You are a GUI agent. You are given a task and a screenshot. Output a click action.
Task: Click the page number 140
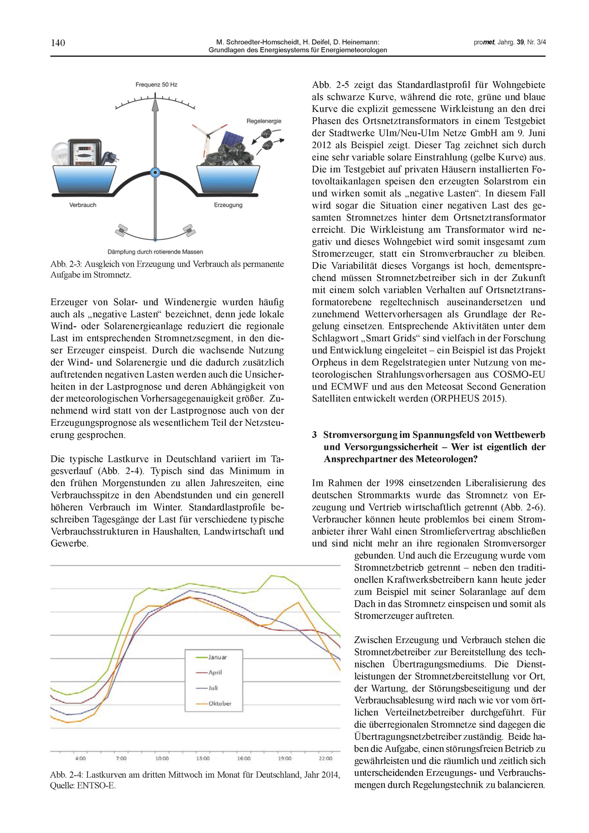click(x=58, y=43)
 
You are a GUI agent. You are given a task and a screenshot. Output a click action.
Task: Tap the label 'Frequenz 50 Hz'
click(x=156, y=85)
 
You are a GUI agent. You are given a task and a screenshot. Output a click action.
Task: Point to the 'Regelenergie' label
click(x=264, y=121)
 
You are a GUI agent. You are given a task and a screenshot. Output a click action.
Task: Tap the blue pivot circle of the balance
click(x=155, y=173)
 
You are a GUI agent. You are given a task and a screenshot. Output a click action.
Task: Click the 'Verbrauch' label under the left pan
click(x=83, y=205)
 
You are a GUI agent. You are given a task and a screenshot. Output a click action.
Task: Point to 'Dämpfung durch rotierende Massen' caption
click(x=155, y=252)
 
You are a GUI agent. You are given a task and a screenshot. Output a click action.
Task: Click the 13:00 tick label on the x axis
click(x=203, y=758)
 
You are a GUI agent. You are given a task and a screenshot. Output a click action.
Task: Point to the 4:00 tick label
click(x=80, y=758)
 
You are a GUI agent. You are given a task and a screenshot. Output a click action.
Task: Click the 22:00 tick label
click(x=325, y=758)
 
